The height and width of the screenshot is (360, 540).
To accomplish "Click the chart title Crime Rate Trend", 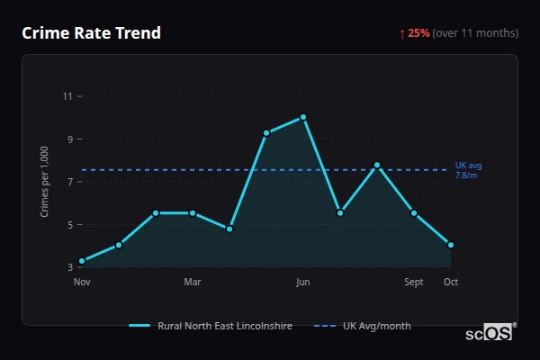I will (91, 33).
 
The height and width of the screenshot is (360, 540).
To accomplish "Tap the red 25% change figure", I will (418, 33).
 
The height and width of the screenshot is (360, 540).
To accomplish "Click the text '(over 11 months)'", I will (475, 33).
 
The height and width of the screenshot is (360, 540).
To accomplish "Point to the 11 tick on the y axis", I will (68, 95).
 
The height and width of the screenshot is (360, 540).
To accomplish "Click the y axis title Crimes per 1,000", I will (45, 180).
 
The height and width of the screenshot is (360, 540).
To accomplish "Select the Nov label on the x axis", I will (82, 283).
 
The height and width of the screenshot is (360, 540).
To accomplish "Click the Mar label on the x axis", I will (193, 283).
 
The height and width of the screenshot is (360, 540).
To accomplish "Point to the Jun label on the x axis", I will (303, 283).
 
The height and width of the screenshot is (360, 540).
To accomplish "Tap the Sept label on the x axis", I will (414, 283).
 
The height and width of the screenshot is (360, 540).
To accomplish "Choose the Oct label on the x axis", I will (451, 283).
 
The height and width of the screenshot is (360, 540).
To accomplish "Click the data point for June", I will (303, 117).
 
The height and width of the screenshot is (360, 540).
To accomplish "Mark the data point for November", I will (82, 261).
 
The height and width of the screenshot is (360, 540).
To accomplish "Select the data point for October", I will (451, 245).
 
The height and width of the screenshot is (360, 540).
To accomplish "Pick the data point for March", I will (193, 213).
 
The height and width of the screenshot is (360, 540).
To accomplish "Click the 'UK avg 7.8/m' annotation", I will (469, 170).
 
